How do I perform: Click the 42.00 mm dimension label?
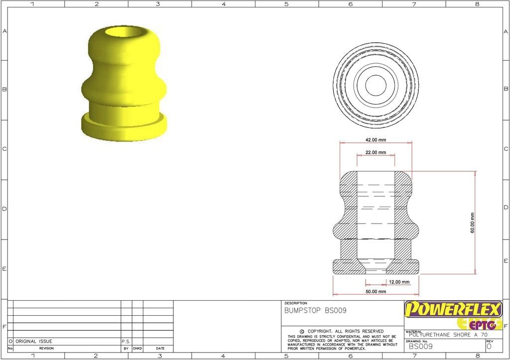click(x=376, y=140)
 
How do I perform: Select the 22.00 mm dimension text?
click(x=376, y=152)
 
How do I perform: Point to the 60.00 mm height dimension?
click(x=472, y=223)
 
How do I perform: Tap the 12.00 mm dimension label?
click(x=399, y=282)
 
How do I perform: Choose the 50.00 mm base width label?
click(x=376, y=291)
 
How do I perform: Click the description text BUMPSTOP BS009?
click(x=315, y=311)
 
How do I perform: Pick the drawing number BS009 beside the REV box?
click(x=420, y=346)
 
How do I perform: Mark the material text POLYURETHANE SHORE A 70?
click(x=447, y=335)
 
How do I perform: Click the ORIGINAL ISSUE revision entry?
click(x=33, y=342)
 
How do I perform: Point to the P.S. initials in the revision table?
click(x=126, y=342)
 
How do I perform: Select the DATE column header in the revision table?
click(x=160, y=349)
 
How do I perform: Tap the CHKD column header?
click(x=137, y=349)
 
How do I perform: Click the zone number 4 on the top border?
click(x=223, y=4)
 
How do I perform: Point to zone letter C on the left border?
click(x=4, y=149)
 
